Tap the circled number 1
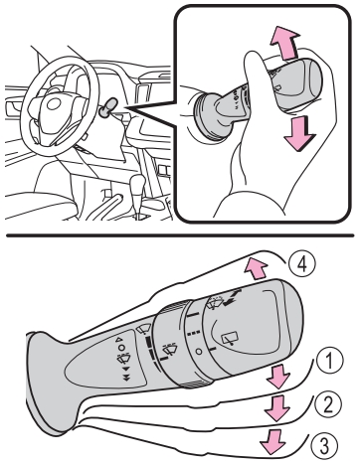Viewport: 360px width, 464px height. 327,361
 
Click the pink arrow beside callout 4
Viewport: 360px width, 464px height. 256,268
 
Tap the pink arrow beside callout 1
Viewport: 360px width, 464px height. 277,376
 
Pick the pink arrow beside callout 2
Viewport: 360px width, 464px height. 276,407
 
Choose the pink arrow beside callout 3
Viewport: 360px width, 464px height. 272,441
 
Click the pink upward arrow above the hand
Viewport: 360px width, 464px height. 284,43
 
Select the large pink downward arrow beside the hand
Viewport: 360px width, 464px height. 300,133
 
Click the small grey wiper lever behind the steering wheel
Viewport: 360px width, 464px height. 107,108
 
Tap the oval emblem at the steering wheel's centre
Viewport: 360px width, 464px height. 53,104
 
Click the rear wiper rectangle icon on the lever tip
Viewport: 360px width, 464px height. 230,339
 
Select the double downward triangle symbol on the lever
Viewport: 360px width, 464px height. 126,379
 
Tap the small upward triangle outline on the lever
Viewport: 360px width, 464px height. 118,339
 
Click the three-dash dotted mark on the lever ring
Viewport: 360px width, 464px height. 194,333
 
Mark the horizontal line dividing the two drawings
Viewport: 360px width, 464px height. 180,235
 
